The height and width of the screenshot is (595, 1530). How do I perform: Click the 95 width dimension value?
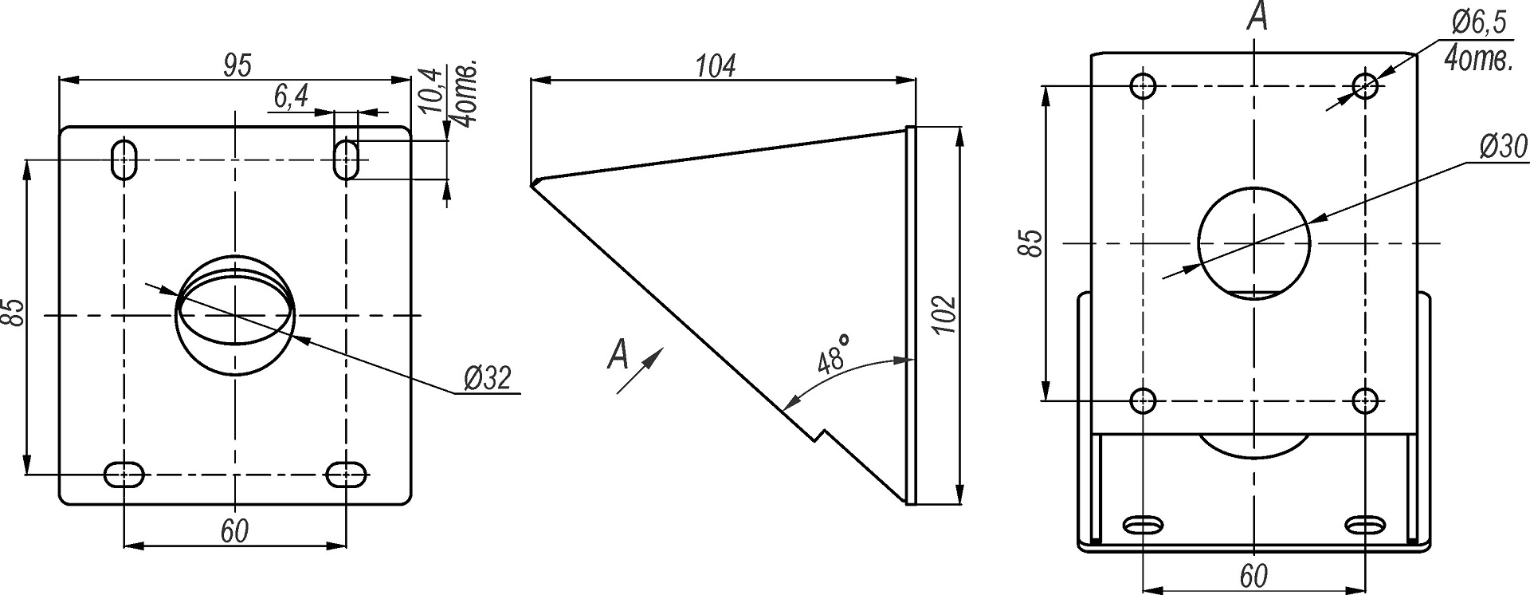pos(237,65)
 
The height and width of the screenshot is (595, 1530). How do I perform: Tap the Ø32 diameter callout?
pos(486,378)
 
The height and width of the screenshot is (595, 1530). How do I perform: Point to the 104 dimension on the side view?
pos(715,66)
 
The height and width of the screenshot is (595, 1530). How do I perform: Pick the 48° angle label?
pos(834,355)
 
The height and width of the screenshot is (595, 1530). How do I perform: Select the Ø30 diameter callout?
pos(1504,147)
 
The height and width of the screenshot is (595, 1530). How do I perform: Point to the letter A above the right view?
pos(1257,16)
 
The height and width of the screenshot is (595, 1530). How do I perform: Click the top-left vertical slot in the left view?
pos(124,160)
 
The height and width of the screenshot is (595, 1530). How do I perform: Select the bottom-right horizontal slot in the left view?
pos(347,474)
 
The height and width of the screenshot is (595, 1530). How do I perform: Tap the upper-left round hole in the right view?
pos(1144,85)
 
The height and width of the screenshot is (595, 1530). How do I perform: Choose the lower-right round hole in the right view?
pos(1366,400)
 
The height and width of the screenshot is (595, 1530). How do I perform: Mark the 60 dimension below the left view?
pos(234,530)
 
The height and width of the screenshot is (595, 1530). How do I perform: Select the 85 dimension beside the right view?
pos(1033,242)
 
